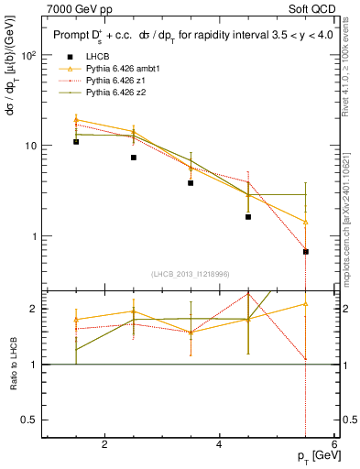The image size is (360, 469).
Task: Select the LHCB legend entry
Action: tap(96, 57)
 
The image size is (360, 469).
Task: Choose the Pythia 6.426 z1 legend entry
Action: tap(115, 81)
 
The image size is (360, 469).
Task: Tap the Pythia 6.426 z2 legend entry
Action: tap(115, 93)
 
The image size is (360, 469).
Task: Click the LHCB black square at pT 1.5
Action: tap(76, 142)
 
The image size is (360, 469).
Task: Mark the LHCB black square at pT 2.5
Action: tap(134, 158)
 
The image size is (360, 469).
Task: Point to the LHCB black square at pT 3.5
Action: tap(191, 183)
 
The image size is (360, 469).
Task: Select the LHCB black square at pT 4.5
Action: tap(248, 217)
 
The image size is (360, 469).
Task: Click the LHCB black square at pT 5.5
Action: tap(305, 251)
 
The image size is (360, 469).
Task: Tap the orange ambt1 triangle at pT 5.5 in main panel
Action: tap(305, 222)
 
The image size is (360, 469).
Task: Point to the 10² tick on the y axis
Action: tap(27, 56)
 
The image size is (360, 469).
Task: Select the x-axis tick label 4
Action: tap(219, 444)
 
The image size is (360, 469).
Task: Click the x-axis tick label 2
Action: tap(104, 444)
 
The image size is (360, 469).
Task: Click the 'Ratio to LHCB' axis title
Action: tap(13, 365)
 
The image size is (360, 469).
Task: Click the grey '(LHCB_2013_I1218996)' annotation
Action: tap(191, 274)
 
